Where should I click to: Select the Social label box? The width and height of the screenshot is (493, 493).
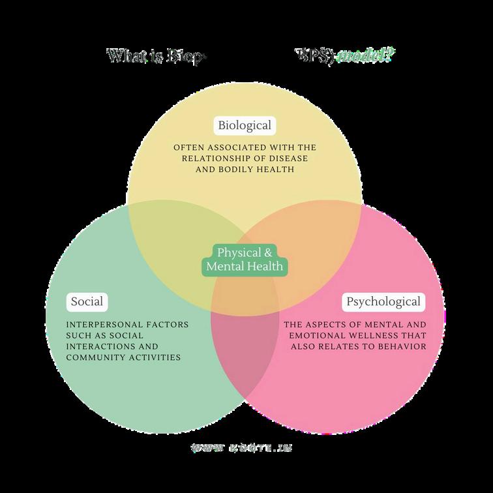87,302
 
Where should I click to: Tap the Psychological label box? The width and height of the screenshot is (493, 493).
383,302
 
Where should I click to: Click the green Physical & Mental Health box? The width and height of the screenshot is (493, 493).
245,259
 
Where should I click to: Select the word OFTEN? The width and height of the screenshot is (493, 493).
188,147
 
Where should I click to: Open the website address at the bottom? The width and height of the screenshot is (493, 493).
242,448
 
